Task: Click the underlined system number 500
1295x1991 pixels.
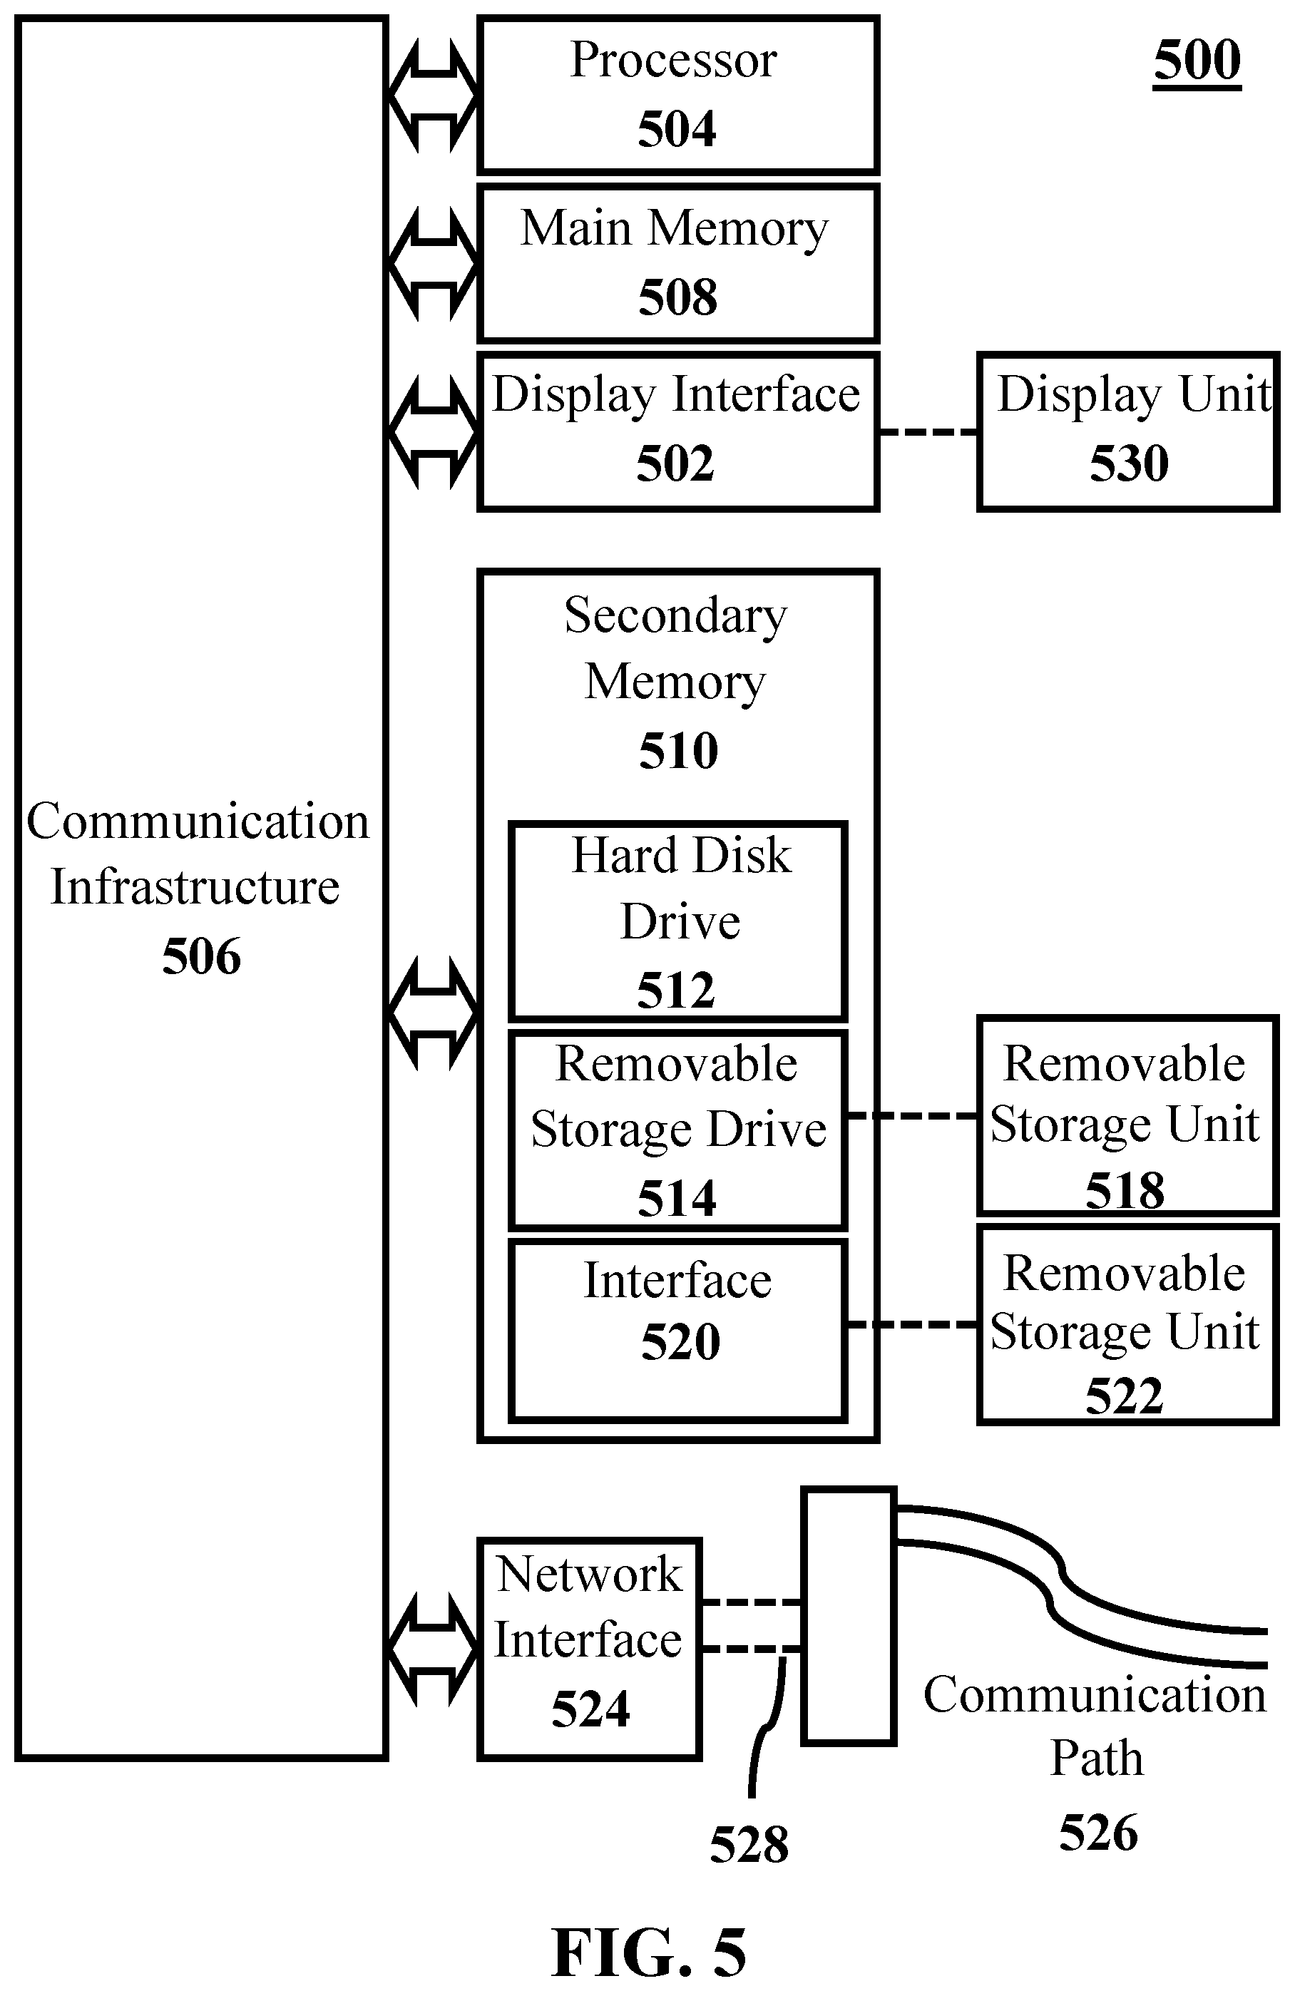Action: point(1197,60)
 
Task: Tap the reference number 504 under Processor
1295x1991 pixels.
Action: point(677,129)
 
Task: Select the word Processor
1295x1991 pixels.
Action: point(673,60)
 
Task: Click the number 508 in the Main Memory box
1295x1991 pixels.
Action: point(677,297)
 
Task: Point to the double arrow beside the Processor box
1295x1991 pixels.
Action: point(433,96)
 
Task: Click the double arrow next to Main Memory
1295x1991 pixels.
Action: point(433,265)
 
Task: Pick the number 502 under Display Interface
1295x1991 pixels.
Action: point(675,464)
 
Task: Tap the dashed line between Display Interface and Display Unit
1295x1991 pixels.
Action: point(928,432)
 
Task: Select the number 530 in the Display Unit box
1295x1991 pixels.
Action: point(1129,464)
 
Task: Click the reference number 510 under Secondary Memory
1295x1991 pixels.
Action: point(678,750)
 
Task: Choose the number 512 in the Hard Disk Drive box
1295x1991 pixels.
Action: point(676,991)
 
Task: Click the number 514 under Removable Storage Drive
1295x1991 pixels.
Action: point(677,1198)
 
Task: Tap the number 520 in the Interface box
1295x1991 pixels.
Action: point(680,1342)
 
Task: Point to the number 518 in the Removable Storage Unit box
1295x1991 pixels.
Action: point(1125,1189)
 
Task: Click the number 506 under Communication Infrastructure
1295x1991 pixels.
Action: point(202,956)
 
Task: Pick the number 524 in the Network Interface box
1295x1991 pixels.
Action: point(590,1708)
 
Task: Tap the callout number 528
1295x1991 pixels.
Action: point(749,1845)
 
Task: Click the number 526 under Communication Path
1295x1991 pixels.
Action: point(1098,1833)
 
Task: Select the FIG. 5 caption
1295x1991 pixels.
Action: point(648,1951)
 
